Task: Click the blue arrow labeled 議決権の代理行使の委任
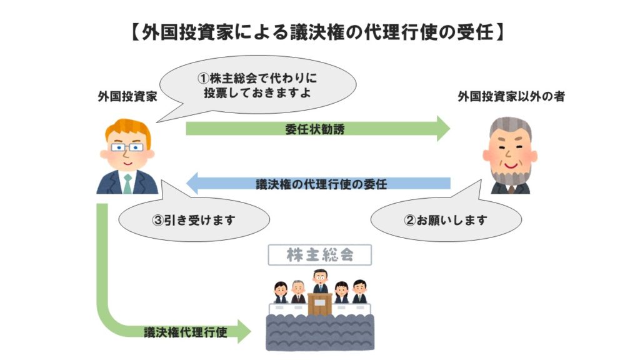[x=319, y=184]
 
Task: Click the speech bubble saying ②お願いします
[x=445, y=220]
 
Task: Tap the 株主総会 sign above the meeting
[x=320, y=255]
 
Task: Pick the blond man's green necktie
[x=127, y=182]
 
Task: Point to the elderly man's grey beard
[x=511, y=174]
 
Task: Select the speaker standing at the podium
[x=320, y=281]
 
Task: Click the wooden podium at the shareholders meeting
[x=320, y=304]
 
